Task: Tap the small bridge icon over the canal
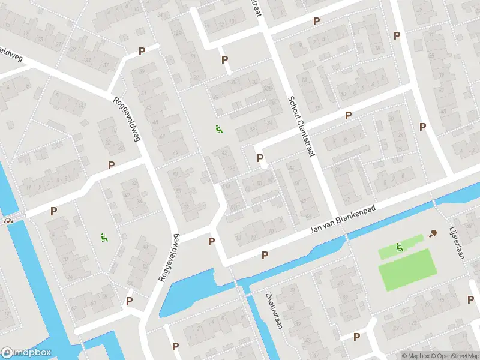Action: [x=8, y=220]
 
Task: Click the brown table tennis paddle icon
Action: [x=433, y=234]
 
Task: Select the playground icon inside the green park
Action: [x=399, y=247]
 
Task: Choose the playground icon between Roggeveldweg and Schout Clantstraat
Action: [x=219, y=128]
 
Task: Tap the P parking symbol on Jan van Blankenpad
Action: [x=265, y=256]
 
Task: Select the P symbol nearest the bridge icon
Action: [x=54, y=211]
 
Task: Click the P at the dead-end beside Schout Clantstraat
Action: [x=260, y=158]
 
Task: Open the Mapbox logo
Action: [x=26, y=353]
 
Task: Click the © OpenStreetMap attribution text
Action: [x=455, y=356]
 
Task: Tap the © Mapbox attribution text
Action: [x=415, y=356]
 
